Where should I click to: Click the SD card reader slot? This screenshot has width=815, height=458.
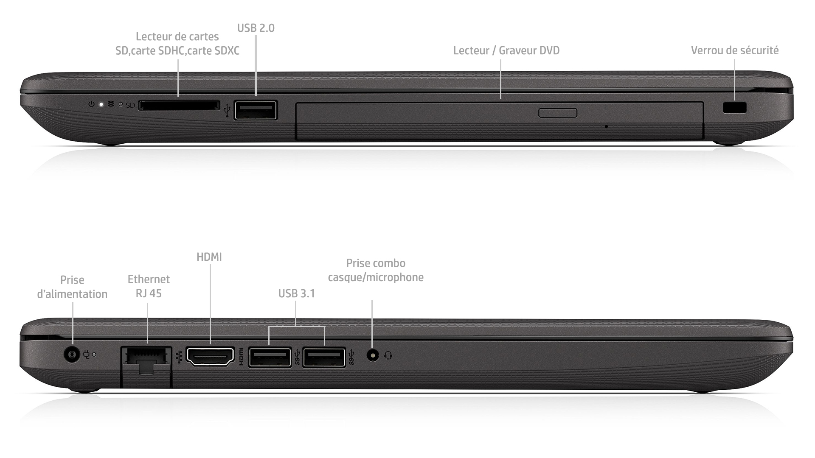pos(179,105)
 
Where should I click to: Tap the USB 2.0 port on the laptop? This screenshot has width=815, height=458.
pos(256,111)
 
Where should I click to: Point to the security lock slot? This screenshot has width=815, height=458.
pos(734,108)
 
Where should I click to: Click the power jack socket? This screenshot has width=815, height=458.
pos(72,354)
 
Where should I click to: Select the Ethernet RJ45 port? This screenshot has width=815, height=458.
pos(146,360)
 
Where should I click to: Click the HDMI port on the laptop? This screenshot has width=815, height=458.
pos(211,356)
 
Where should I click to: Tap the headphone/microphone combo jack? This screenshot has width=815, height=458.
pos(373,355)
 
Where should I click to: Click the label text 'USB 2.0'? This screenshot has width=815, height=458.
pos(256,28)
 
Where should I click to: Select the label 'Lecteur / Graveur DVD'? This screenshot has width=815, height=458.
pos(506,50)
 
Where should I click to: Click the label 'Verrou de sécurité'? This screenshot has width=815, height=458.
pos(735,50)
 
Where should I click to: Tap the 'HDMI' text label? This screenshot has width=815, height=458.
pos(209,257)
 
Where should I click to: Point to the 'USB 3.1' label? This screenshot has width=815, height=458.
pos(297,293)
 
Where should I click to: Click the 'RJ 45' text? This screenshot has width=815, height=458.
pos(149,293)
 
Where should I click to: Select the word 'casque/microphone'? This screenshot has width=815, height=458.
pos(376,277)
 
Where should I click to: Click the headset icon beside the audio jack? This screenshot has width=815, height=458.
pos(388,355)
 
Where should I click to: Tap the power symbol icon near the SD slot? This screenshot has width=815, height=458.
pos(91,104)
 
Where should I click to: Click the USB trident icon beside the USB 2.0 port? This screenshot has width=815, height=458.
pos(227,110)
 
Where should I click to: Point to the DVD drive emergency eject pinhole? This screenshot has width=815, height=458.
pos(606,126)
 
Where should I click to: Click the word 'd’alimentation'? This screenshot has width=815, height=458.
pos(72,294)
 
